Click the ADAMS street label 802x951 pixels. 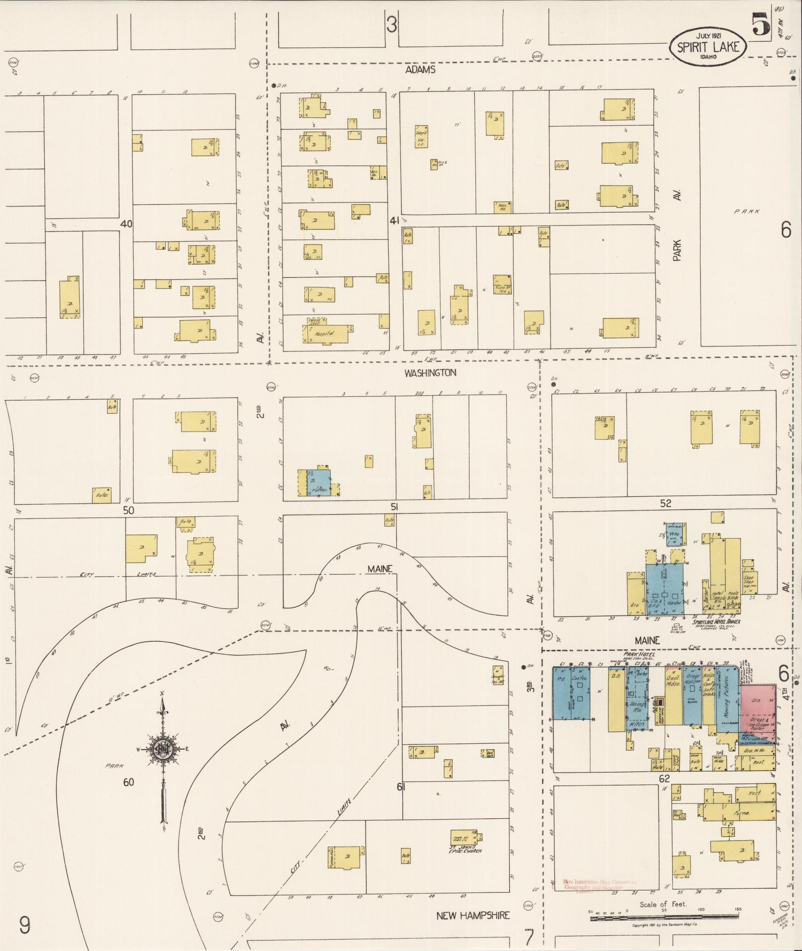click(420, 70)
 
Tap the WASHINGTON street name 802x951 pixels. click(430, 372)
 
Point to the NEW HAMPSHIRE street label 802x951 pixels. click(473, 915)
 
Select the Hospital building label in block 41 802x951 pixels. click(324, 334)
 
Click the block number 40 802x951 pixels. click(126, 224)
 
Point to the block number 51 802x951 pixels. click(394, 507)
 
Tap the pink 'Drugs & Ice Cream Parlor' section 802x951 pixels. click(758, 724)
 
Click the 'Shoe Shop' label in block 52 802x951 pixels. click(748, 580)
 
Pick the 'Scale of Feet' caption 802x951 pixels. click(663, 904)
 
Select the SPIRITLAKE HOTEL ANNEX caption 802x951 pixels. click(716, 621)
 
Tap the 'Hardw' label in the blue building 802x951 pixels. click(675, 602)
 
